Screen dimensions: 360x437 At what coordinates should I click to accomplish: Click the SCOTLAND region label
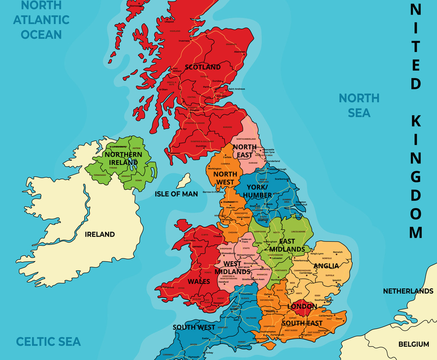click(203, 67)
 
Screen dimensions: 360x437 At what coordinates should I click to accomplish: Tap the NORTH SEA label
click(359, 105)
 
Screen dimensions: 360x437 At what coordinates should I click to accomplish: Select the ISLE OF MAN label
click(176, 194)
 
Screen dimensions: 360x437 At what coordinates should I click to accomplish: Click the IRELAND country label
click(100, 234)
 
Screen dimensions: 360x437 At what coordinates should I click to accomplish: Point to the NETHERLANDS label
click(408, 291)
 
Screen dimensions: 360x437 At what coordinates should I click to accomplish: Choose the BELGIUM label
click(414, 344)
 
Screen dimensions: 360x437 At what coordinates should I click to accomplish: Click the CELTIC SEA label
click(48, 341)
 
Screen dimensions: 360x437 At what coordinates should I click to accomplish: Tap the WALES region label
click(198, 282)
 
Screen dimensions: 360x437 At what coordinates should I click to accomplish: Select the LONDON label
click(302, 307)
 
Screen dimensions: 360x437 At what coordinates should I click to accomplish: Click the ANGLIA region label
click(326, 266)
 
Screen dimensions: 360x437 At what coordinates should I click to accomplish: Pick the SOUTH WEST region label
click(194, 327)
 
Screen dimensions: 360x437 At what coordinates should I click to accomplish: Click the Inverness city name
click(184, 41)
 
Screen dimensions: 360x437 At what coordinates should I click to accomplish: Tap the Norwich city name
click(338, 252)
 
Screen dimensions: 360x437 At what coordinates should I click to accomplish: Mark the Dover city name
click(339, 318)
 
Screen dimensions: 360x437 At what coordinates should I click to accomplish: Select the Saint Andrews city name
click(237, 89)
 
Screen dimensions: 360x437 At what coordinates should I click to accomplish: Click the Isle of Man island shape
click(184, 180)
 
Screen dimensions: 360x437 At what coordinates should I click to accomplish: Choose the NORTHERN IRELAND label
click(123, 158)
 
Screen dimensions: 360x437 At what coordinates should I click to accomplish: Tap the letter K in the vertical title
click(416, 121)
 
